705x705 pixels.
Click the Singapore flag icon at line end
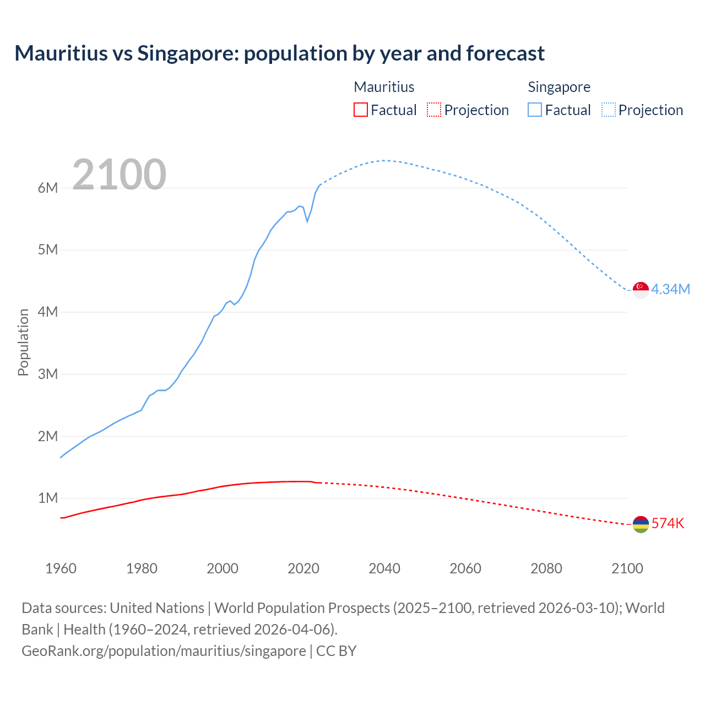click(x=641, y=289)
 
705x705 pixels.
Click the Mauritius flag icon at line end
click(x=641, y=524)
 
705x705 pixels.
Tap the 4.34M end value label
click(x=670, y=290)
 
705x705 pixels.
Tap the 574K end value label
click(x=668, y=524)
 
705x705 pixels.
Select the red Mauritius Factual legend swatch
click(x=360, y=110)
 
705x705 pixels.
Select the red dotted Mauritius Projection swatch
click(x=434, y=110)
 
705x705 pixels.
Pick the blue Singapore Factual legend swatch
click(x=534, y=110)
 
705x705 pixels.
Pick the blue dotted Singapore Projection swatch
click(x=609, y=110)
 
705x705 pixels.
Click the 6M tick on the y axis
click(x=48, y=188)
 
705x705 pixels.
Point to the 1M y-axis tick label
click(x=48, y=498)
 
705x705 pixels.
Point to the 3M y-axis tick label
click(x=48, y=374)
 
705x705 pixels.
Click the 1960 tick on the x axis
click(x=61, y=568)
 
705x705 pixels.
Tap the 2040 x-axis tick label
click(x=384, y=568)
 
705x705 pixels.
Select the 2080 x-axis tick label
click(x=546, y=568)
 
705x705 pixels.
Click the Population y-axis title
click(x=23, y=342)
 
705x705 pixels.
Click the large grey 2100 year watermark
click(x=119, y=175)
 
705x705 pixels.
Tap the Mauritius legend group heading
click(x=384, y=87)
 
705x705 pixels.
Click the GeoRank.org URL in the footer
click(x=164, y=651)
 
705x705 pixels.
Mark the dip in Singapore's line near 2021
click(x=307, y=221)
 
